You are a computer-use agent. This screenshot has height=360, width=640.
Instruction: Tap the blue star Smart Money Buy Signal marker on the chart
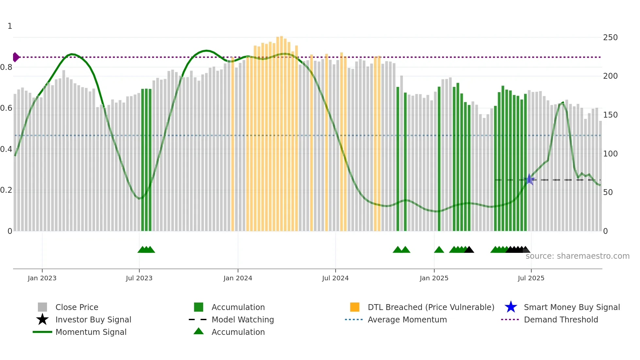(x=529, y=179)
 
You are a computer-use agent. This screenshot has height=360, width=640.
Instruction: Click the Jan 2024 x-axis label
(x=238, y=278)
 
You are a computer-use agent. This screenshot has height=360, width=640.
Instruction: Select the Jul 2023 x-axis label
(x=139, y=278)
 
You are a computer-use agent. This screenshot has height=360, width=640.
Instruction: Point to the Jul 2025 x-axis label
(x=531, y=278)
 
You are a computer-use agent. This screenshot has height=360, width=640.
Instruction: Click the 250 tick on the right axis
(x=610, y=38)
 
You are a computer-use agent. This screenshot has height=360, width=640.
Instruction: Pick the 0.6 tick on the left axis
(x=7, y=108)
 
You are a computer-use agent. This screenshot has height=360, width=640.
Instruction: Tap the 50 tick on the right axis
(x=608, y=192)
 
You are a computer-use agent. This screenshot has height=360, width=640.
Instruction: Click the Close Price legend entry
(x=77, y=307)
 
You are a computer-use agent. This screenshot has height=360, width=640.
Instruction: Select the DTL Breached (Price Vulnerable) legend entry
(x=431, y=307)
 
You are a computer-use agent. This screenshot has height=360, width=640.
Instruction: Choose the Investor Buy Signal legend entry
(x=93, y=319)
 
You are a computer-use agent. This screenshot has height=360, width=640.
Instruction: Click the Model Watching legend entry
(x=243, y=319)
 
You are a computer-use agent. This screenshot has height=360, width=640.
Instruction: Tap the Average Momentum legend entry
(x=407, y=319)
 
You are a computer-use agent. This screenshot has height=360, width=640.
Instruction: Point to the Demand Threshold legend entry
(x=561, y=319)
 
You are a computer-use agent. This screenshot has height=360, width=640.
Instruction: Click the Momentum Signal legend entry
(x=91, y=332)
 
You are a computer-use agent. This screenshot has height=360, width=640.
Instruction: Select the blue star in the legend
(x=511, y=307)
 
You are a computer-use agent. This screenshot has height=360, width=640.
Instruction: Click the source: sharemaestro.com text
(x=577, y=256)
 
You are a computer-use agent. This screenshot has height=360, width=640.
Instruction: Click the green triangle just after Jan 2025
(x=439, y=250)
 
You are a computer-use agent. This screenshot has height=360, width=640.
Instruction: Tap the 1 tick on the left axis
(x=10, y=26)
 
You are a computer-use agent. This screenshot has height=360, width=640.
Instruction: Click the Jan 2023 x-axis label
(x=42, y=278)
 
